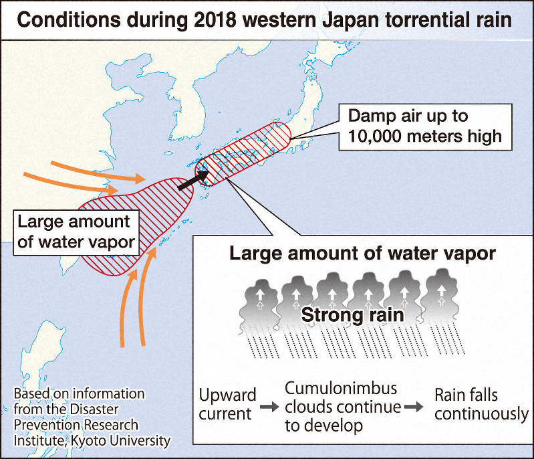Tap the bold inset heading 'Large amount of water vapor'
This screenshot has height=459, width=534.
pos(362,254)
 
